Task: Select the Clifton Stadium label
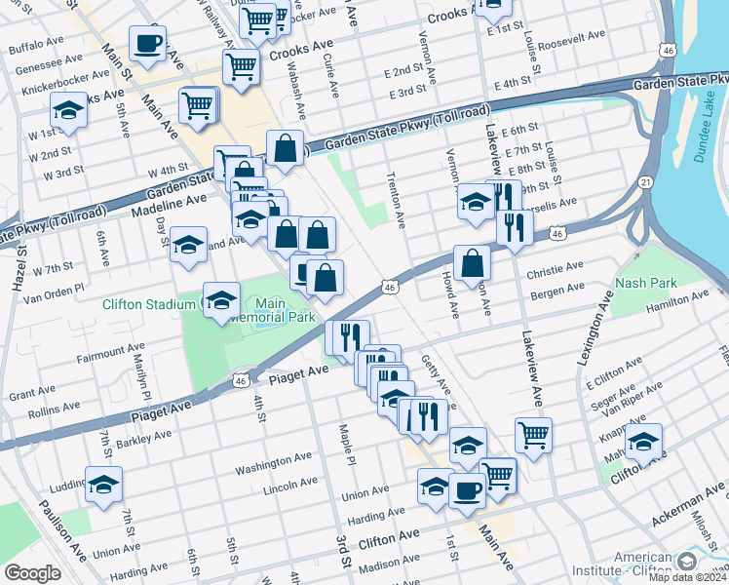[x=149, y=304]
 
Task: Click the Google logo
[x=32, y=573]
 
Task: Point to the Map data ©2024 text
[x=688, y=576]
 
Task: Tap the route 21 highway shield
[x=645, y=182]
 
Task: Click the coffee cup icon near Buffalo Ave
[x=147, y=44]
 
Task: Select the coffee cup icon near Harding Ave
[x=467, y=490]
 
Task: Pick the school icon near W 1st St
[x=69, y=111]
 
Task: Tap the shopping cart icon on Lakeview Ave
[x=533, y=435]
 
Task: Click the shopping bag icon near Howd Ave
[x=472, y=262]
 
